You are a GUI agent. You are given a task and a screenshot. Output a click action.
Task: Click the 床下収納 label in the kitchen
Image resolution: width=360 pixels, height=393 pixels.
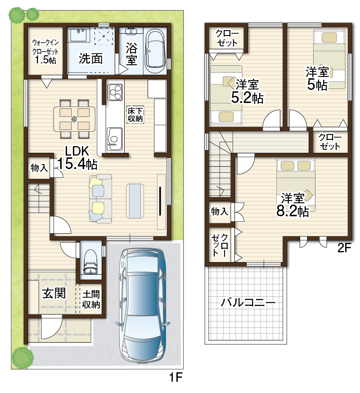135,115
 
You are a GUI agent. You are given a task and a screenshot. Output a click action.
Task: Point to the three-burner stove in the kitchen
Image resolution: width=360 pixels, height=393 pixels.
115,92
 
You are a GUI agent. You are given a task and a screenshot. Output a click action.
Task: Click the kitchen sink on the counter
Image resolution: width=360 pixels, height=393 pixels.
115,139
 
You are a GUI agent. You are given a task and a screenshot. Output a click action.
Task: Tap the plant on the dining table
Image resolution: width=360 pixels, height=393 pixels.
74,119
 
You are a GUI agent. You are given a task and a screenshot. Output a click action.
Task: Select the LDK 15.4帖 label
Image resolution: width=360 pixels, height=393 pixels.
77,158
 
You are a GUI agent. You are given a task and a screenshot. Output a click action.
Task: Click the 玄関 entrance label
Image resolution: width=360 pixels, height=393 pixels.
54,293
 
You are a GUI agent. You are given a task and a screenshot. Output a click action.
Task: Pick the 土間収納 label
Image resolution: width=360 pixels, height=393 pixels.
91,299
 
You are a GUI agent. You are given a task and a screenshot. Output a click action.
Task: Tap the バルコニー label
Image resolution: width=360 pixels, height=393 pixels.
248,303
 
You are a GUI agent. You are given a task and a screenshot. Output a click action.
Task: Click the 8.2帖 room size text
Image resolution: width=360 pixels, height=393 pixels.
292,211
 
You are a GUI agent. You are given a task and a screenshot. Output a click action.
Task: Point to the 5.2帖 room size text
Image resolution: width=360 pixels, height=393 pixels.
247,98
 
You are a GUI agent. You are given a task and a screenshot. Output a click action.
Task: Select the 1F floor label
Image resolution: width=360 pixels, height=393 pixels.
175,377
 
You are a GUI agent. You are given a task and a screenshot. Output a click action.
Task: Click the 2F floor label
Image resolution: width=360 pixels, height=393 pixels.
344,248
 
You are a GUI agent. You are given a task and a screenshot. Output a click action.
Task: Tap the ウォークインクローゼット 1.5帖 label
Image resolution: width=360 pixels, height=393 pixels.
45,51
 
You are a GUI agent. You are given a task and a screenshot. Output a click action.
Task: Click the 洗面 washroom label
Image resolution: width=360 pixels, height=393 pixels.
91,58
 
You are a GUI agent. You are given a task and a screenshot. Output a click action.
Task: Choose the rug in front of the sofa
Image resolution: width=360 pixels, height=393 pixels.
135,201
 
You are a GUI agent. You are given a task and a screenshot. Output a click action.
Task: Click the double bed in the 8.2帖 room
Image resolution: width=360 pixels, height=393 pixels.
296,185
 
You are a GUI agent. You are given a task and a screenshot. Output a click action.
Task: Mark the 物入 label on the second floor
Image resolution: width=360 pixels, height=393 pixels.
220,211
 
